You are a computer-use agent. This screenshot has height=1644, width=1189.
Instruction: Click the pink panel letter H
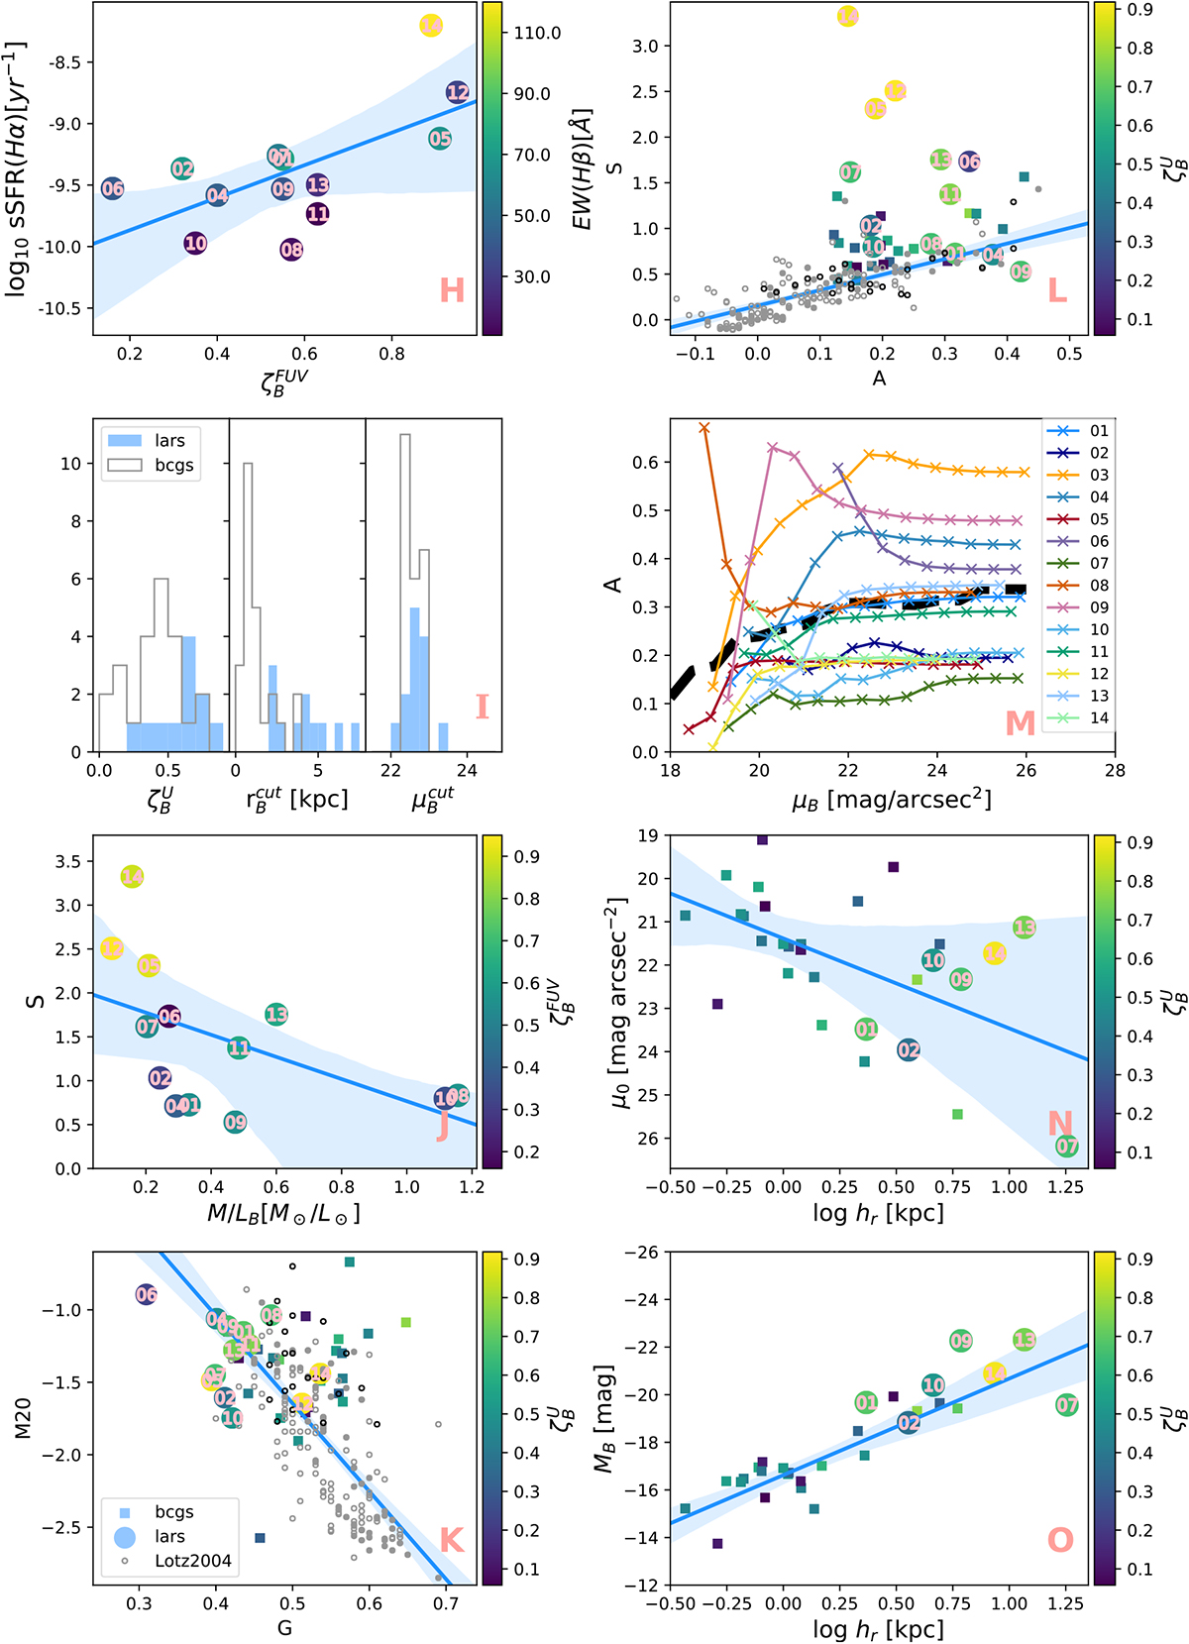tap(452, 290)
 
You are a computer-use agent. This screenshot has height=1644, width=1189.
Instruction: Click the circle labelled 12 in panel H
tap(457, 92)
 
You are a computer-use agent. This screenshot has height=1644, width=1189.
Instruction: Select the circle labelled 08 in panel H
tap(290, 250)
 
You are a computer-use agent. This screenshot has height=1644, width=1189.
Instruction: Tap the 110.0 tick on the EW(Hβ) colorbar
tap(537, 33)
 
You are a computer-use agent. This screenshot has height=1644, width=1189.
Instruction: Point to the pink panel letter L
tap(1057, 290)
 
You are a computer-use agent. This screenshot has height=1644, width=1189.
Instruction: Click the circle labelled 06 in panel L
tap(969, 161)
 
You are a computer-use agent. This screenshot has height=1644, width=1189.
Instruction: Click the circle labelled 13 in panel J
tap(276, 1014)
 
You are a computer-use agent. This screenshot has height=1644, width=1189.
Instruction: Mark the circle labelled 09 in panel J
tap(235, 1122)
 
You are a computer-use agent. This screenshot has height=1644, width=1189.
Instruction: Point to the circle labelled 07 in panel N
tap(1066, 1147)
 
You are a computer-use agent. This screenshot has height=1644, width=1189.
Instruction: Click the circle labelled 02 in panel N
tap(909, 1050)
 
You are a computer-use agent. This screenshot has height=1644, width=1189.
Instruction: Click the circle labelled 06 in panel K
tap(146, 1294)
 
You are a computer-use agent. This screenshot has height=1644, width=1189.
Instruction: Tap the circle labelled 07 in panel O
tap(1066, 1404)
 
